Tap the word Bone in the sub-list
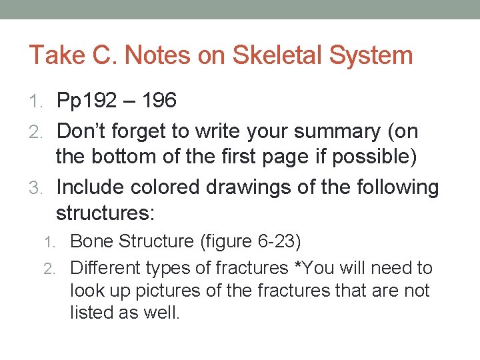[91, 241]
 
